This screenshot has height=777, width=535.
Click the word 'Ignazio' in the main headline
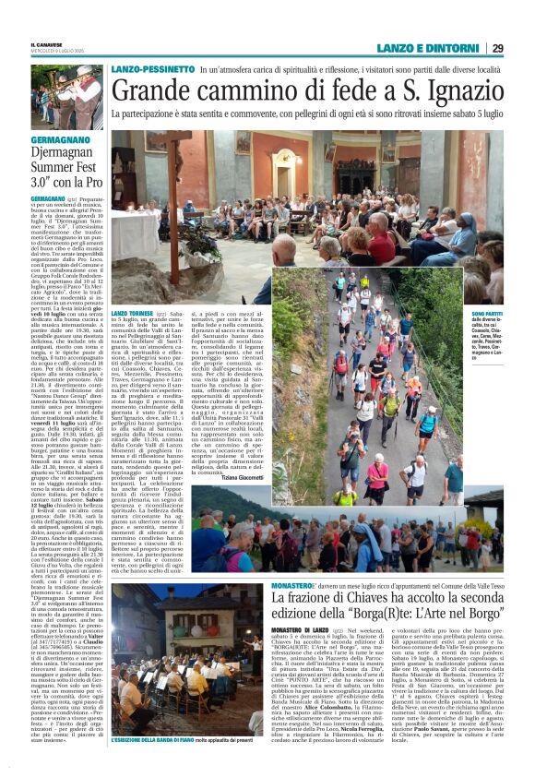click(457, 90)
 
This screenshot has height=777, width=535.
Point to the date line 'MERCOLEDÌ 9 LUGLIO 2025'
click(64, 52)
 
